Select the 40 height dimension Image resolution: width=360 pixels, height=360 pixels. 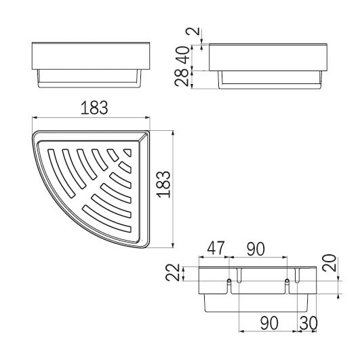tap(183, 55)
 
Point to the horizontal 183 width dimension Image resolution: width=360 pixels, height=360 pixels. tap(94, 108)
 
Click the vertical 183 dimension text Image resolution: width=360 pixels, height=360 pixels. tap(163, 184)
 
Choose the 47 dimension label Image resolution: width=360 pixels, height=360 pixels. tap(216, 248)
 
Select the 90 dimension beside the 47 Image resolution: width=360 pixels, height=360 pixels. tap(256, 249)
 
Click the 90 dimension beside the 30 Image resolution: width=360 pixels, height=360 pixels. tap(269, 323)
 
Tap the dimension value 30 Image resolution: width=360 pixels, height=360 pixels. tap(308, 323)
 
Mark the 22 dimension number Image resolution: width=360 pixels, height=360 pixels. tap(173, 273)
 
